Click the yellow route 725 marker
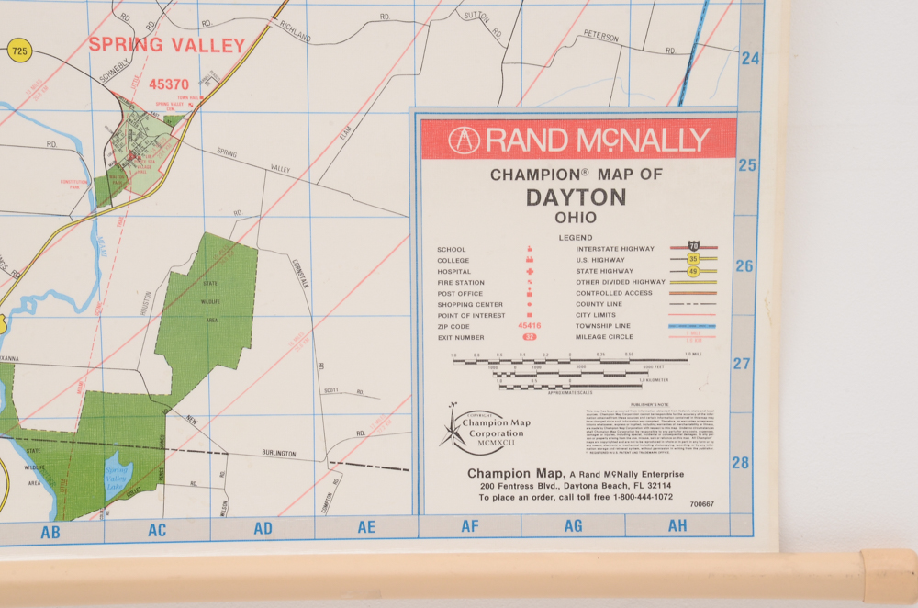(18, 50)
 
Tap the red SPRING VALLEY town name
(167, 45)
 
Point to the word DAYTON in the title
(576, 197)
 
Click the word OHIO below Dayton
(576, 218)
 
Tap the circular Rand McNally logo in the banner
(464, 141)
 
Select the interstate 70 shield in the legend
(693, 247)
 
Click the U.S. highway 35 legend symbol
(693, 259)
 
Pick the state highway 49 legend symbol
(693, 271)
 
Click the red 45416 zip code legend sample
(530, 325)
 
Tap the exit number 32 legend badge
(530, 337)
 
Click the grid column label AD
(263, 528)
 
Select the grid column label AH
(677, 526)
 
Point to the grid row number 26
(744, 266)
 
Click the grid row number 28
(741, 463)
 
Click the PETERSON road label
(601, 36)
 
